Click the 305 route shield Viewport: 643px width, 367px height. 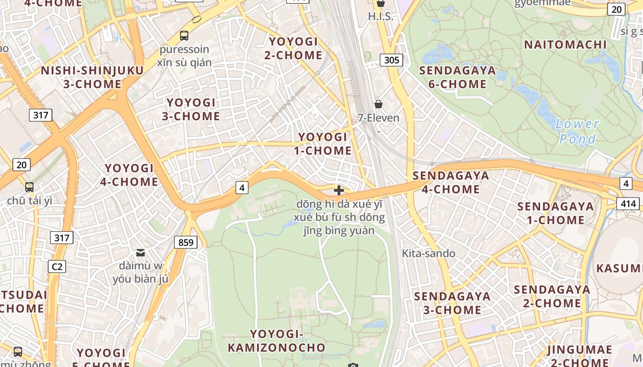[391, 60]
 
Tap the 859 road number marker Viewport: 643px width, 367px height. [186, 242]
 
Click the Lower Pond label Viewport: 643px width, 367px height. [577, 131]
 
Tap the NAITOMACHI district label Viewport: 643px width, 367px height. [565, 44]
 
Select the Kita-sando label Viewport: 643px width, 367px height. [429, 253]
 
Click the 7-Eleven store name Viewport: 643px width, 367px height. [378, 118]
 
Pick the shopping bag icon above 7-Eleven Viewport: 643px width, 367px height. [378, 104]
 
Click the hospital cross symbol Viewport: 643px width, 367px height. [339, 190]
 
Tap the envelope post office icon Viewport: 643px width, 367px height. [141, 253]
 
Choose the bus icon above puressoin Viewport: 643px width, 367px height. [184, 35]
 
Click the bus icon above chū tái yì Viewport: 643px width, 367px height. [29, 187]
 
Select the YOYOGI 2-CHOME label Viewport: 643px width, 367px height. [293, 48]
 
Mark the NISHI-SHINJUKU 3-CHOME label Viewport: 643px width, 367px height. [92, 77]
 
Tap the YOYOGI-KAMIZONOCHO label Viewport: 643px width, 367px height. [276, 340]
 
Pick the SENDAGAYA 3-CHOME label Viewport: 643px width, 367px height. [452, 303]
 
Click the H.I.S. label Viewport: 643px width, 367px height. [381, 17]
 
